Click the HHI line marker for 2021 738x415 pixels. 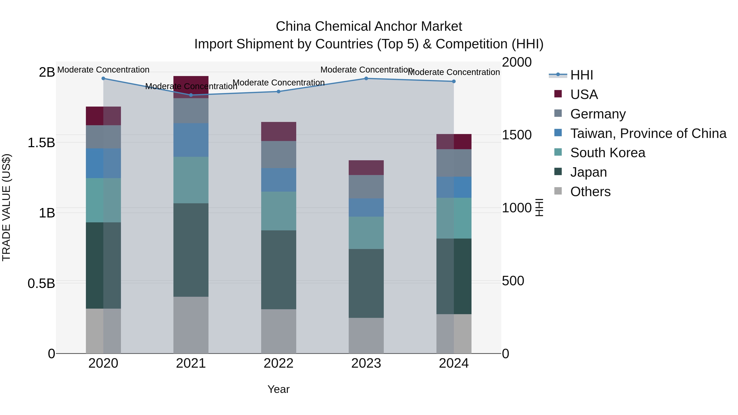(191, 95)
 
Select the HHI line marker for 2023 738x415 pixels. (366, 78)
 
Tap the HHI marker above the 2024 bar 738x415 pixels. (454, 81)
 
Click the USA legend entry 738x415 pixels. (584, 94)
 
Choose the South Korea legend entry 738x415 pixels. (607, 153)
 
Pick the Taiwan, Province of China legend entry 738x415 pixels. (648, 133)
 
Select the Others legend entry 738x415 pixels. (590, 192)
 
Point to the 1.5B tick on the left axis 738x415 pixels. (41, 143)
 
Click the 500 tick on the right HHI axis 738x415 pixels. (513, 281)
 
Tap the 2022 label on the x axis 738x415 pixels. (278, 363)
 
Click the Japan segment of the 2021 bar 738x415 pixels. (191, 250)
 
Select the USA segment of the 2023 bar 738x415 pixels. (366, 168)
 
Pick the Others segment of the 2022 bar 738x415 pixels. (278, 331)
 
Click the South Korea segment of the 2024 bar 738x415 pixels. (454, 218)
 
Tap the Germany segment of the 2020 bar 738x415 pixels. (104, 137)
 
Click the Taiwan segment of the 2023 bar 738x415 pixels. (366, 207)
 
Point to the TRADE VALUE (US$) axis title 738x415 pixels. (6, 207)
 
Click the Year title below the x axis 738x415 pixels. (278, 389)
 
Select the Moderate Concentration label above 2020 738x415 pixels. (104, 70)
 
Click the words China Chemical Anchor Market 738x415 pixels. (369, 26)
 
